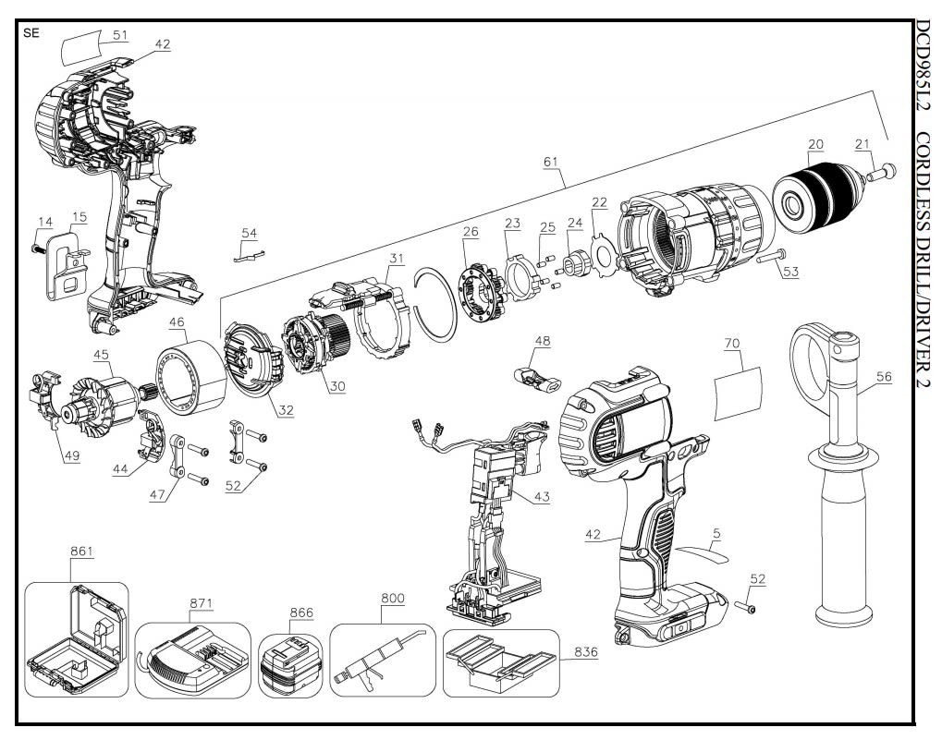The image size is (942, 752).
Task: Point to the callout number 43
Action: click(541, 495)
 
